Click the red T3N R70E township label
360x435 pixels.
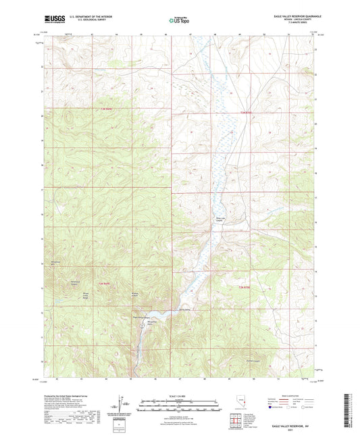pyautogui.click(x=250, y=112)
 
